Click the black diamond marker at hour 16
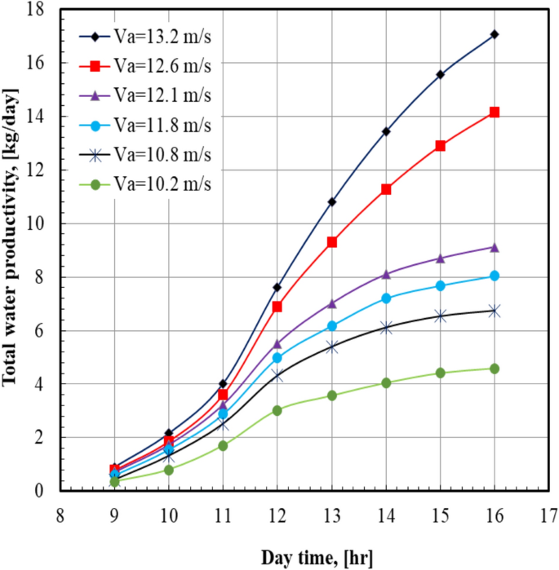(x=495, y=34)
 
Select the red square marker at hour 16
(x=495, y=113)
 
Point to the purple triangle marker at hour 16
(x=495, y=246)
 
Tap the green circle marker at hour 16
(x=495, y=369)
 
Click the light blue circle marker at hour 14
(x=386, y=298)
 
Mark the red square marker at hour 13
(x=332, y=242)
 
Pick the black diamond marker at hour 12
(x=277, y=287)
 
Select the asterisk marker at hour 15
(x=441, y=316)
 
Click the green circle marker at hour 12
(x=277, y=410)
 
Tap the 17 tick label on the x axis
(x=548, y=514)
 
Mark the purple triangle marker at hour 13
(x=332, y=303)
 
